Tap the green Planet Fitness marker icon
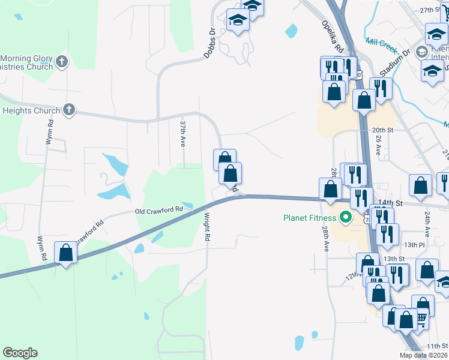(345, 217)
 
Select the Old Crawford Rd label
(158, 211)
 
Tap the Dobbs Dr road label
(209, 44)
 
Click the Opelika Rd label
(331, 37)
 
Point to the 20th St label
(382, 130)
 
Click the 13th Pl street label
(414, 245)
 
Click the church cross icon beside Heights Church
(69, 110)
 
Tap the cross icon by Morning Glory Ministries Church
(62, 61)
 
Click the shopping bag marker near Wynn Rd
(65, 253)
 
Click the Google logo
(20, 352)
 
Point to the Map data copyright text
(424, 355)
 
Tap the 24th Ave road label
(427, 223)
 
